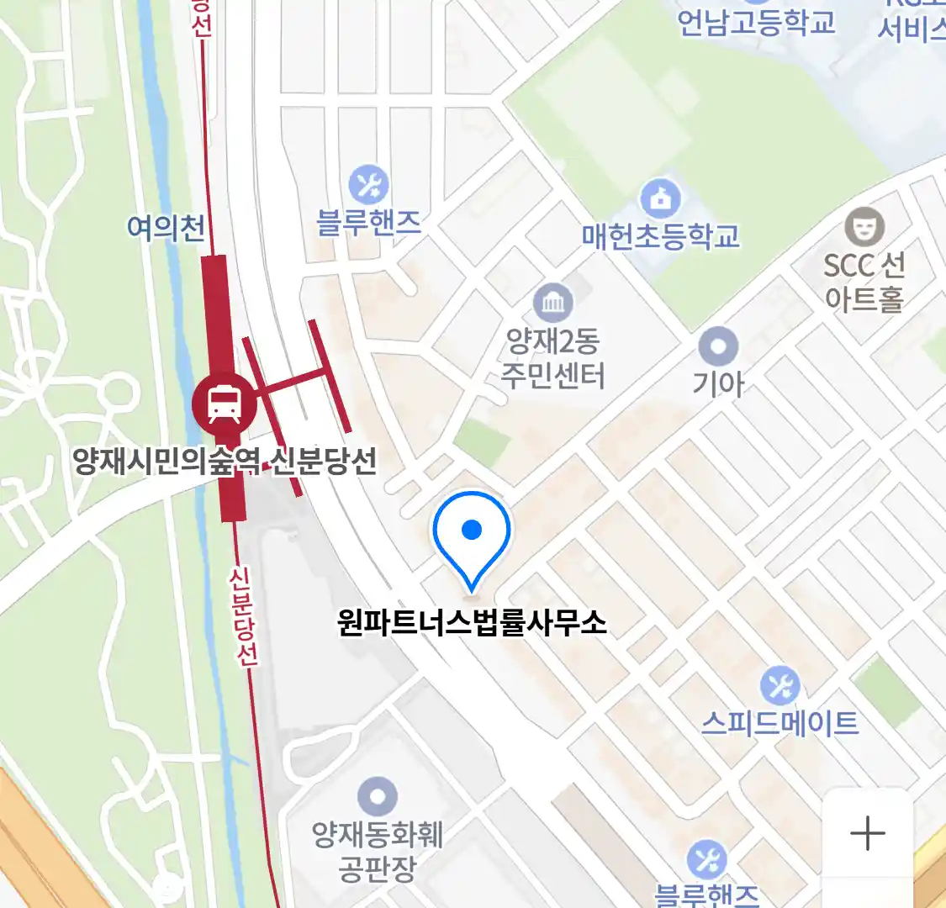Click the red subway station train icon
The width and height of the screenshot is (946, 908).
(x=224, y=403)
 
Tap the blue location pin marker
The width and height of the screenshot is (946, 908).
(x=472, y=531)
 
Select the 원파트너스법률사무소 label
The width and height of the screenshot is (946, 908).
(x=472, y=623)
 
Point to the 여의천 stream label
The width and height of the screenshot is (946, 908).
(x=166, y=227)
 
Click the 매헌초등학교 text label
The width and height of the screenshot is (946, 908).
(x=661, y=236)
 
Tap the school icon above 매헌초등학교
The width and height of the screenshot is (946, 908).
(x=661, y=199)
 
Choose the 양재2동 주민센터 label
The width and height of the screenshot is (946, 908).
(x=552, y=358)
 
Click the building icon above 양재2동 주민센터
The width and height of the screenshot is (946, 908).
(x=552, y=304)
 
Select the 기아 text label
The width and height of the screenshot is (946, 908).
(x=719, y=383)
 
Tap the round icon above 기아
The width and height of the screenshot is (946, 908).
(x=719, y=346)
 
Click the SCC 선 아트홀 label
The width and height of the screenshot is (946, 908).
(x=864, y=282)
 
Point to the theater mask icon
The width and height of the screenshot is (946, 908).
(x=864, y=226)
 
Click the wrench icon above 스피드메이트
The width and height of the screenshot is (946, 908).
(x=780, y=686)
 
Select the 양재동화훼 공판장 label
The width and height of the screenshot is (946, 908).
(x=378, y=851)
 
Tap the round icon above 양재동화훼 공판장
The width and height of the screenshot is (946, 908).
(x=378, y=796)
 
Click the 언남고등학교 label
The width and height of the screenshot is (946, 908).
(x=756, y=22)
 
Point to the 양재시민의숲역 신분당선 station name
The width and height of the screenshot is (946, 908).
(x=225, y=461)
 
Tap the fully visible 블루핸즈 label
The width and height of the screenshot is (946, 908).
(x=368, y=222)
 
